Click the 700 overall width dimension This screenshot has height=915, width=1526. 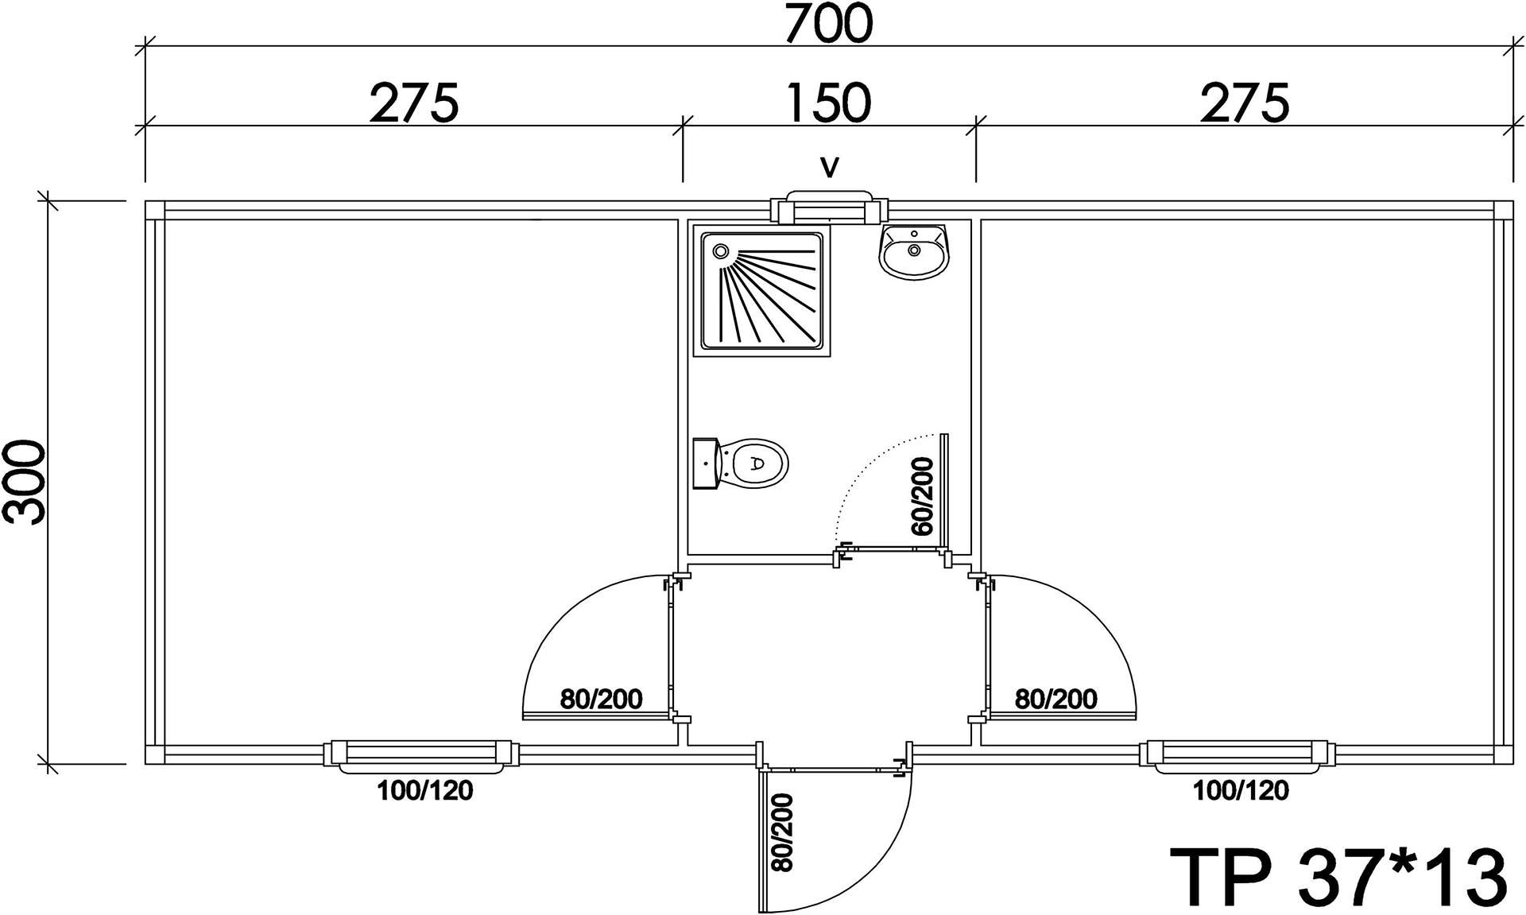[829, 24]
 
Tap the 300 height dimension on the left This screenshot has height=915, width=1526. [24, 483]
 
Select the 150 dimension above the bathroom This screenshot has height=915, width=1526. [829, 103]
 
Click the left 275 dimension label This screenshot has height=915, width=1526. [414, 103]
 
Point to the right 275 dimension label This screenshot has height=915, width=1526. [1245, 103]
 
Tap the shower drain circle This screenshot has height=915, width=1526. [721, 251]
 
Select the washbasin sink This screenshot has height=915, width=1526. [914, 250]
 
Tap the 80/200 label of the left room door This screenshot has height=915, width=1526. [602, 700]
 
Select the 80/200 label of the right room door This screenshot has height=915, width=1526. [1056, 700]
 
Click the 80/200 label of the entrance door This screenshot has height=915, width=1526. [783, 832]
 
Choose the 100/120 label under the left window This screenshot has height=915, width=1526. [425, 790]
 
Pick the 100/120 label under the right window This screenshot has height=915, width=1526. [1241, 790]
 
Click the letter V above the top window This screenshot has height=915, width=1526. [830, 168]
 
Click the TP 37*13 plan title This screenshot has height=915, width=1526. [1338, 877]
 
